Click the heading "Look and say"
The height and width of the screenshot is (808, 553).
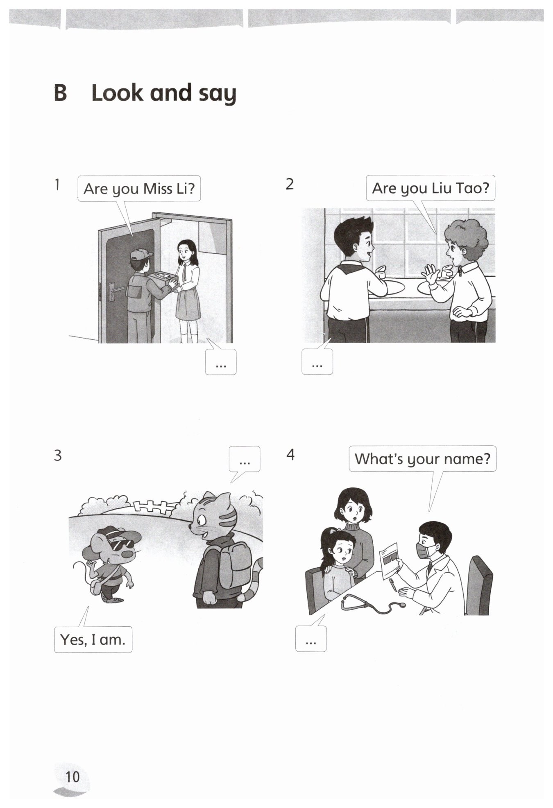[164, 93]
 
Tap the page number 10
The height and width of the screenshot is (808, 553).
[73, 776]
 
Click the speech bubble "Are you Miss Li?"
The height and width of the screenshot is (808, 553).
[139, 189]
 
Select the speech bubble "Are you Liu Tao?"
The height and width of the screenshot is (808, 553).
[430, 188]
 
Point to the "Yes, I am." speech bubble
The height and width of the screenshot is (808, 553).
[93, 639]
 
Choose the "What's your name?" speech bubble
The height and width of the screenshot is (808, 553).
[422, 458]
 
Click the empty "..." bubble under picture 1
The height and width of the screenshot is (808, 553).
[221, 362]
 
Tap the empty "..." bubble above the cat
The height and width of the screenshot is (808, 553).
[245, 459]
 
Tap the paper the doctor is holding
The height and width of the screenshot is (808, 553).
[390, 561]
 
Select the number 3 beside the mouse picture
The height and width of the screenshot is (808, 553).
[58, 455]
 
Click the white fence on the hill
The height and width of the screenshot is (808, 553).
[152, 506]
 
